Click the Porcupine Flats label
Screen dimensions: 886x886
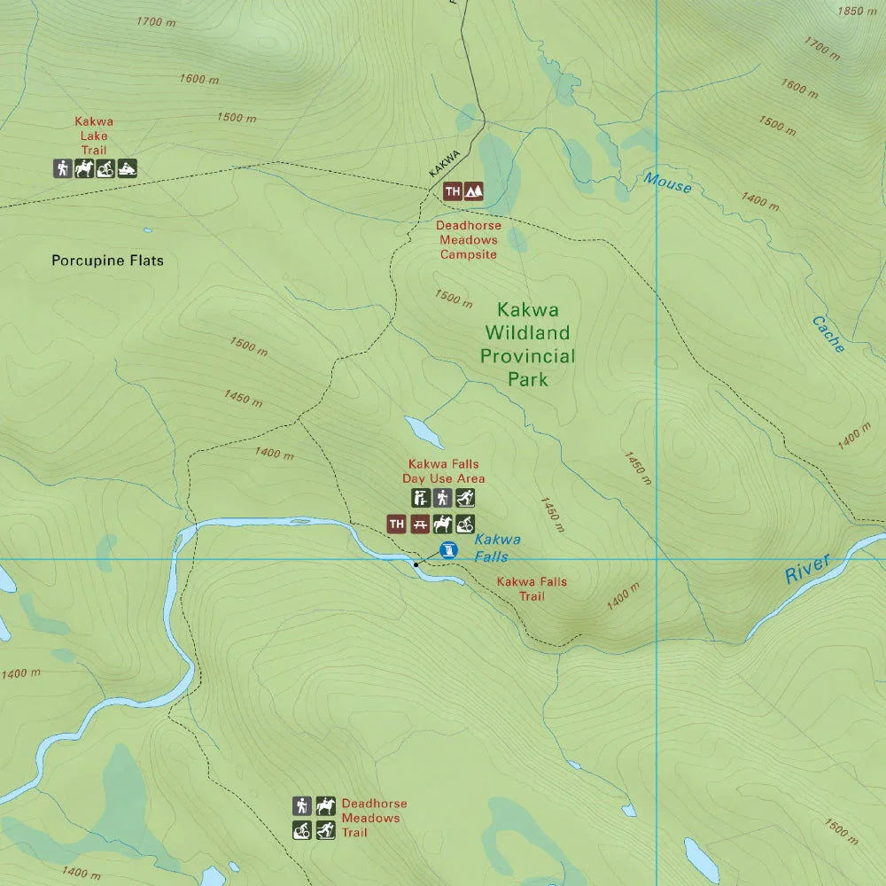107,260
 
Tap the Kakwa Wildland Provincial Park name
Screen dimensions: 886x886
527,345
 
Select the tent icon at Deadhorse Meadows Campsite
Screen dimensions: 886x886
474,190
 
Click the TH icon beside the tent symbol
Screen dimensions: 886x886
453,190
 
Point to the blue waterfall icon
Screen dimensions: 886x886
448,549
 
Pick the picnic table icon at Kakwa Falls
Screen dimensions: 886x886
420,525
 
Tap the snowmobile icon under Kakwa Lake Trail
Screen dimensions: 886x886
128,168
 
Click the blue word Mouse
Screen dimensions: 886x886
667,183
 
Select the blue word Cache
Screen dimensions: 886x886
828,335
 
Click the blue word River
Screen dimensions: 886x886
808,568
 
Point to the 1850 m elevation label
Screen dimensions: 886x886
857,12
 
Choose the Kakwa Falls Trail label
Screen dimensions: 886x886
532,589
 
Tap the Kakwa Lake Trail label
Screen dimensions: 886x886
94,136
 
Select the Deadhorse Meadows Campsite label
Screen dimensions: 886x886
469,240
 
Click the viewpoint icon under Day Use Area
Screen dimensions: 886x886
420,498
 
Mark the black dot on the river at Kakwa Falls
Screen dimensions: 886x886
416,564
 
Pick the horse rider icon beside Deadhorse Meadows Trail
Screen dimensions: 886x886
325,805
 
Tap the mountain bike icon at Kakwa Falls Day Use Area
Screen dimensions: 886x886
465,525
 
